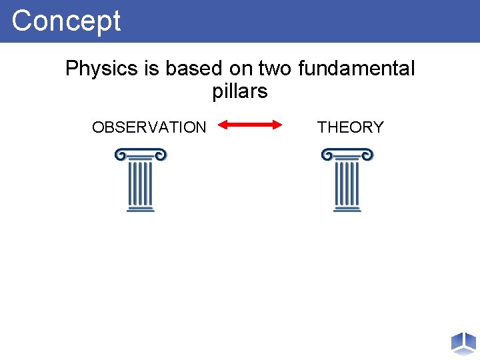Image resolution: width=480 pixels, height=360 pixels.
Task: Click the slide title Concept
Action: [66, 21]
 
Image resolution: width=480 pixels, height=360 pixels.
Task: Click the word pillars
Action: [240, 91]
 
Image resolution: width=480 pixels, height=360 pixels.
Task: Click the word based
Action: [189, 69]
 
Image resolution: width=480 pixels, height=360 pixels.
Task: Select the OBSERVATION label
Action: [149, 127]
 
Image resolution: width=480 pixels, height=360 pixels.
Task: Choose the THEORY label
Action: [351, 127]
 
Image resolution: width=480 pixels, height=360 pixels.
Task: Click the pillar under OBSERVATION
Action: [141, 181]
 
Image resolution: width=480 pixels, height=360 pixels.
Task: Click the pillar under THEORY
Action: [347, 181]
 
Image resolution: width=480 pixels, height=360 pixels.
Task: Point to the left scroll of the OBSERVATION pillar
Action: [119, 155]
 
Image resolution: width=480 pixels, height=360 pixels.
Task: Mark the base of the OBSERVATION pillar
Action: [141, 209]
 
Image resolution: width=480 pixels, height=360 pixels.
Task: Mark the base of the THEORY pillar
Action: [347, 209]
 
